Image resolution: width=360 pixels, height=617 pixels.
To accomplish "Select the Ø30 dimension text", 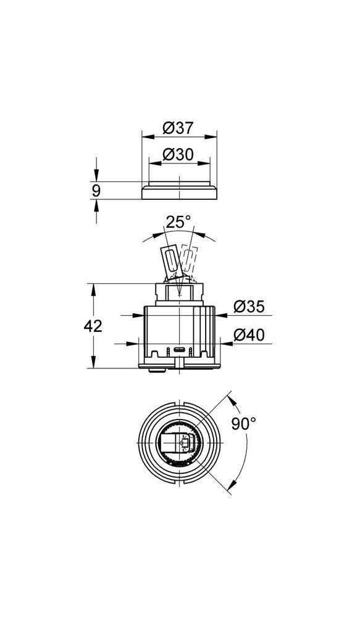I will (178, 155).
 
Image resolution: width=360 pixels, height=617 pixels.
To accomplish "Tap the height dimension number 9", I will (96, 191).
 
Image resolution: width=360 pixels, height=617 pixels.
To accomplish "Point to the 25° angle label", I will (178, 222).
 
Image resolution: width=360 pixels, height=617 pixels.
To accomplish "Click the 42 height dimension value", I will (93, 326).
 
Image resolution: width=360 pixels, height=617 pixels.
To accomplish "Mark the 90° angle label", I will (244, 424).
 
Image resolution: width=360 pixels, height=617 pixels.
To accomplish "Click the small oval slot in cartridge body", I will (179, 350).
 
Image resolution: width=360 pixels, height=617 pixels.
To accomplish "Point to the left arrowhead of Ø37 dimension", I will (145, 136).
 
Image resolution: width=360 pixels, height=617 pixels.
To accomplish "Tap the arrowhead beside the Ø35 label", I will (220, 315).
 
